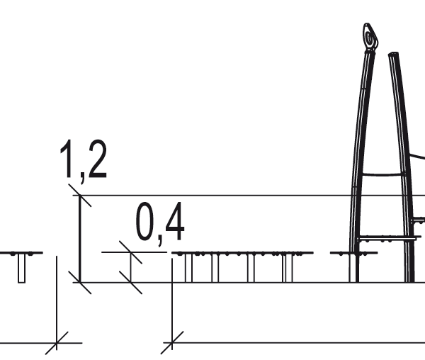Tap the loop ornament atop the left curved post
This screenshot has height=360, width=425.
[370, 37]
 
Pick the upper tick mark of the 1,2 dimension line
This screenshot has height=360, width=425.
[79, 195]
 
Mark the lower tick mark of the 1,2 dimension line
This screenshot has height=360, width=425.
[79, 282]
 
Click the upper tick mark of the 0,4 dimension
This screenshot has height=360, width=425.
[130, 252]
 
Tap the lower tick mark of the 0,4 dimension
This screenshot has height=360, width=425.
[130, 282]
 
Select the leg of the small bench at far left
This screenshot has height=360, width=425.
[21, 269]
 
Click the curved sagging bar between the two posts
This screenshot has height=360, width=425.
[382, 174]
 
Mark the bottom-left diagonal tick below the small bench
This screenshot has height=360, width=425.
[56, 343]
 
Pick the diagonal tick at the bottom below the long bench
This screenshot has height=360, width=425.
[172, 343]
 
